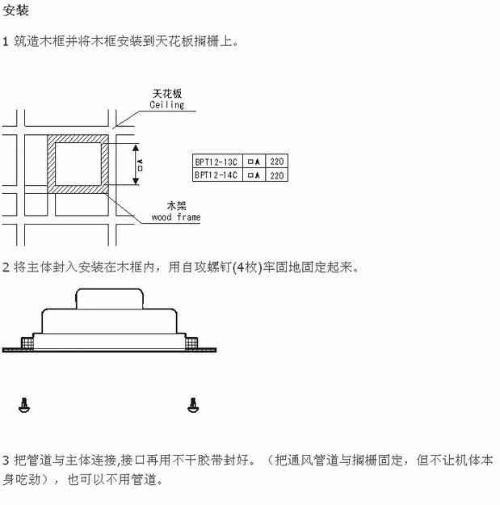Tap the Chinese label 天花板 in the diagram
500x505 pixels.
tap(166, 94)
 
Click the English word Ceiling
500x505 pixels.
tap(166, 105)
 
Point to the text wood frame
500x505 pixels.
tap(176, 217)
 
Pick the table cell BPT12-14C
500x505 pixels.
tap(216, 175)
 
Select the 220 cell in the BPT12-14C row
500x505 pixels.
tap(276, 175)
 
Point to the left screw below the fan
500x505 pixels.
tap(23, 404)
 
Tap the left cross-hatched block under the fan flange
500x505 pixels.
tap(27, 343)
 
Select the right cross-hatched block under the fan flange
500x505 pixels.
tap(191, 343)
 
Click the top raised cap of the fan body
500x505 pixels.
tap(110, 299)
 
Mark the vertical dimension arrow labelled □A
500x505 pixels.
tap(133, 165)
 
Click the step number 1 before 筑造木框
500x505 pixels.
tap(6, 40)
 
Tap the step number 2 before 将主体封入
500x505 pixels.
tap(6, 267)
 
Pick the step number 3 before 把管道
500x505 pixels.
tap(6, 461)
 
